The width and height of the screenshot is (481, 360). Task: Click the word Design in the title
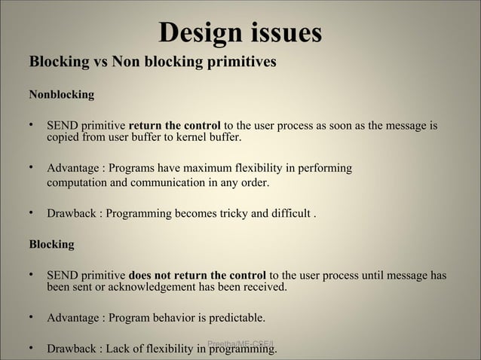(x=196, y=33)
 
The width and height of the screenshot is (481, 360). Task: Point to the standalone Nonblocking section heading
(x=61, y=96)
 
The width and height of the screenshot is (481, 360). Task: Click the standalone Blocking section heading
(x=51, y=244)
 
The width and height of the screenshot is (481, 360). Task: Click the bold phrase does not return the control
(x=198, y=275)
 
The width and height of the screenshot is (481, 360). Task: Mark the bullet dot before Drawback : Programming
(x=32, y=213)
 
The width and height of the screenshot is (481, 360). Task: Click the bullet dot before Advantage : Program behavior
(x=32, y=317)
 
